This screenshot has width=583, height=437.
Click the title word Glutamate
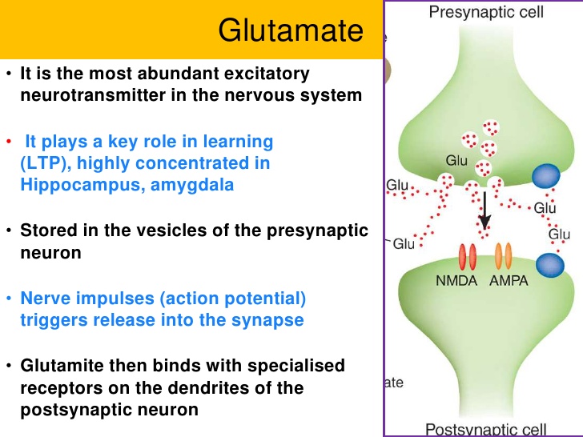(291, 30)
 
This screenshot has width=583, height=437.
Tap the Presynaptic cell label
(486, 12)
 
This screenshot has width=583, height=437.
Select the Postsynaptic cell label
(486, 428)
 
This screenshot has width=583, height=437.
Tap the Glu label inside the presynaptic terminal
(456, 160)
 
